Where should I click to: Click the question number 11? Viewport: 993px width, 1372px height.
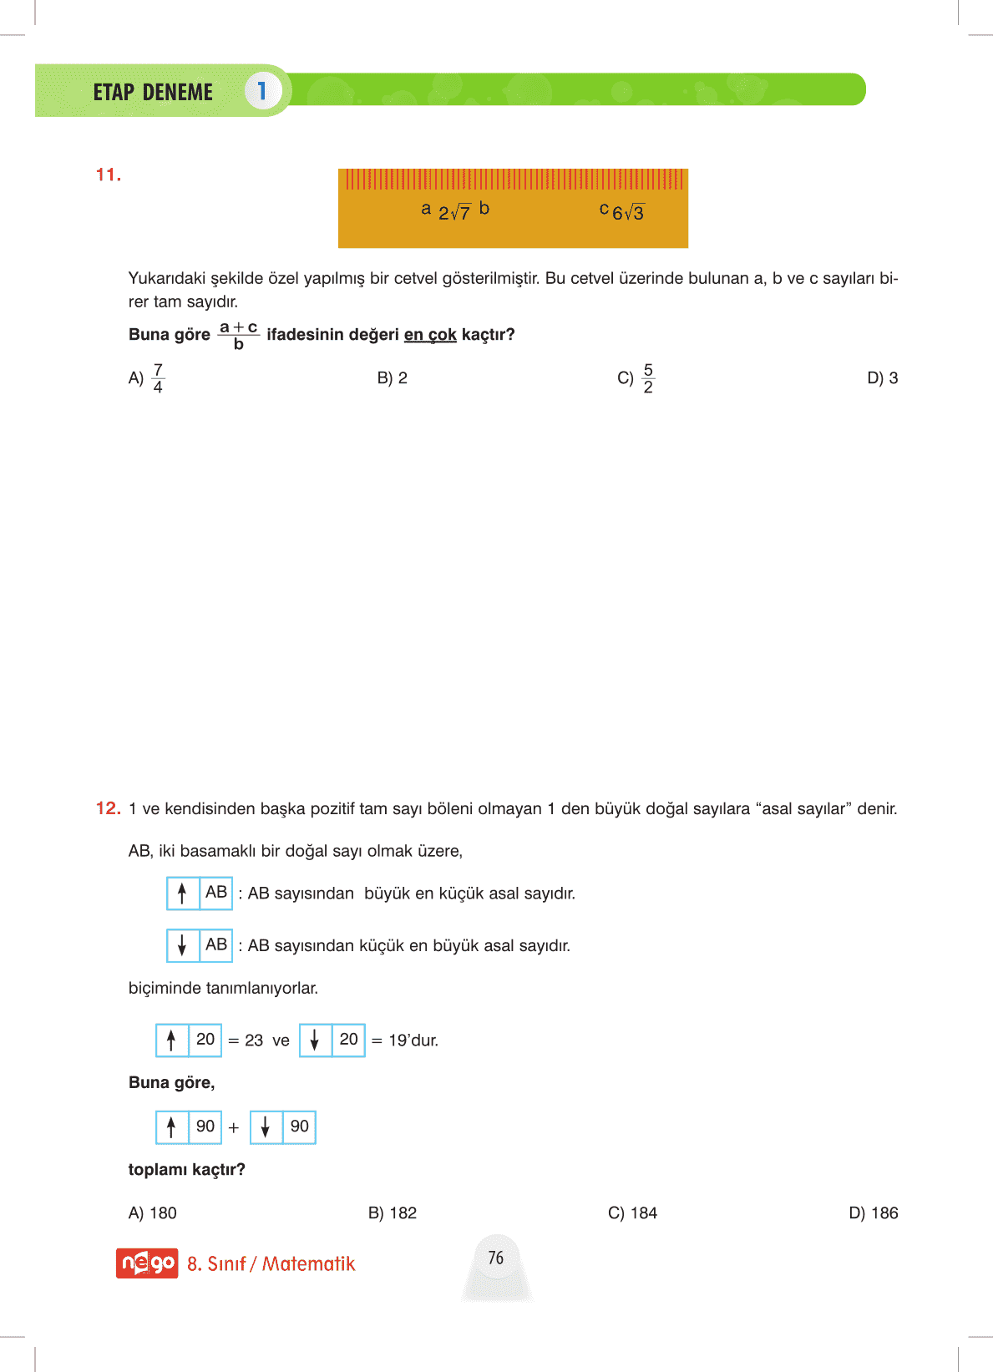point(109,175)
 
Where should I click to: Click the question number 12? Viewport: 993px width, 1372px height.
point(109,808)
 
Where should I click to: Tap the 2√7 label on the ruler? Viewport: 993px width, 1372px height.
point(454,213)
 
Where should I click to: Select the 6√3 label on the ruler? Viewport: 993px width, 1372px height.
point(628,213)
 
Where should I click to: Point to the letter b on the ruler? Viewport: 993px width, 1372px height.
point(484,208)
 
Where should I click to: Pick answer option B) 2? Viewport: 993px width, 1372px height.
point(393,378)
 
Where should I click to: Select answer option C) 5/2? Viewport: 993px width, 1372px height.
point(636,378)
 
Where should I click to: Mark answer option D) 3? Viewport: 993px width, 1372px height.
point(883,378)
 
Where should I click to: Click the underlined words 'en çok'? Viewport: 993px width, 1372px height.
point(430,335)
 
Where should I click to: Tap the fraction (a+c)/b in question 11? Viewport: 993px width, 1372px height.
point(238,335)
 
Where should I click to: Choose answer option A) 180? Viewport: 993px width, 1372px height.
point(153,1213)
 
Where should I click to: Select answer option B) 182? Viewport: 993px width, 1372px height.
point(393,1213)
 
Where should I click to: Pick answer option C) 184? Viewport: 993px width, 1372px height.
point(633,1213)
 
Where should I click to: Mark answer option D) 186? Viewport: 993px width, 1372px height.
point(874,1213)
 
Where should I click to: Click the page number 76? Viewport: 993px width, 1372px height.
point(496,1258)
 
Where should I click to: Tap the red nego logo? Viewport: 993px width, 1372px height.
point(147,1263)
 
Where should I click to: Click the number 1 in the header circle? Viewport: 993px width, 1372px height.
point(262,91)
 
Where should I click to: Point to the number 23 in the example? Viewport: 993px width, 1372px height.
point(254,1040)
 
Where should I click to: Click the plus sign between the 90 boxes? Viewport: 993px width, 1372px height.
point(234,1128)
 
